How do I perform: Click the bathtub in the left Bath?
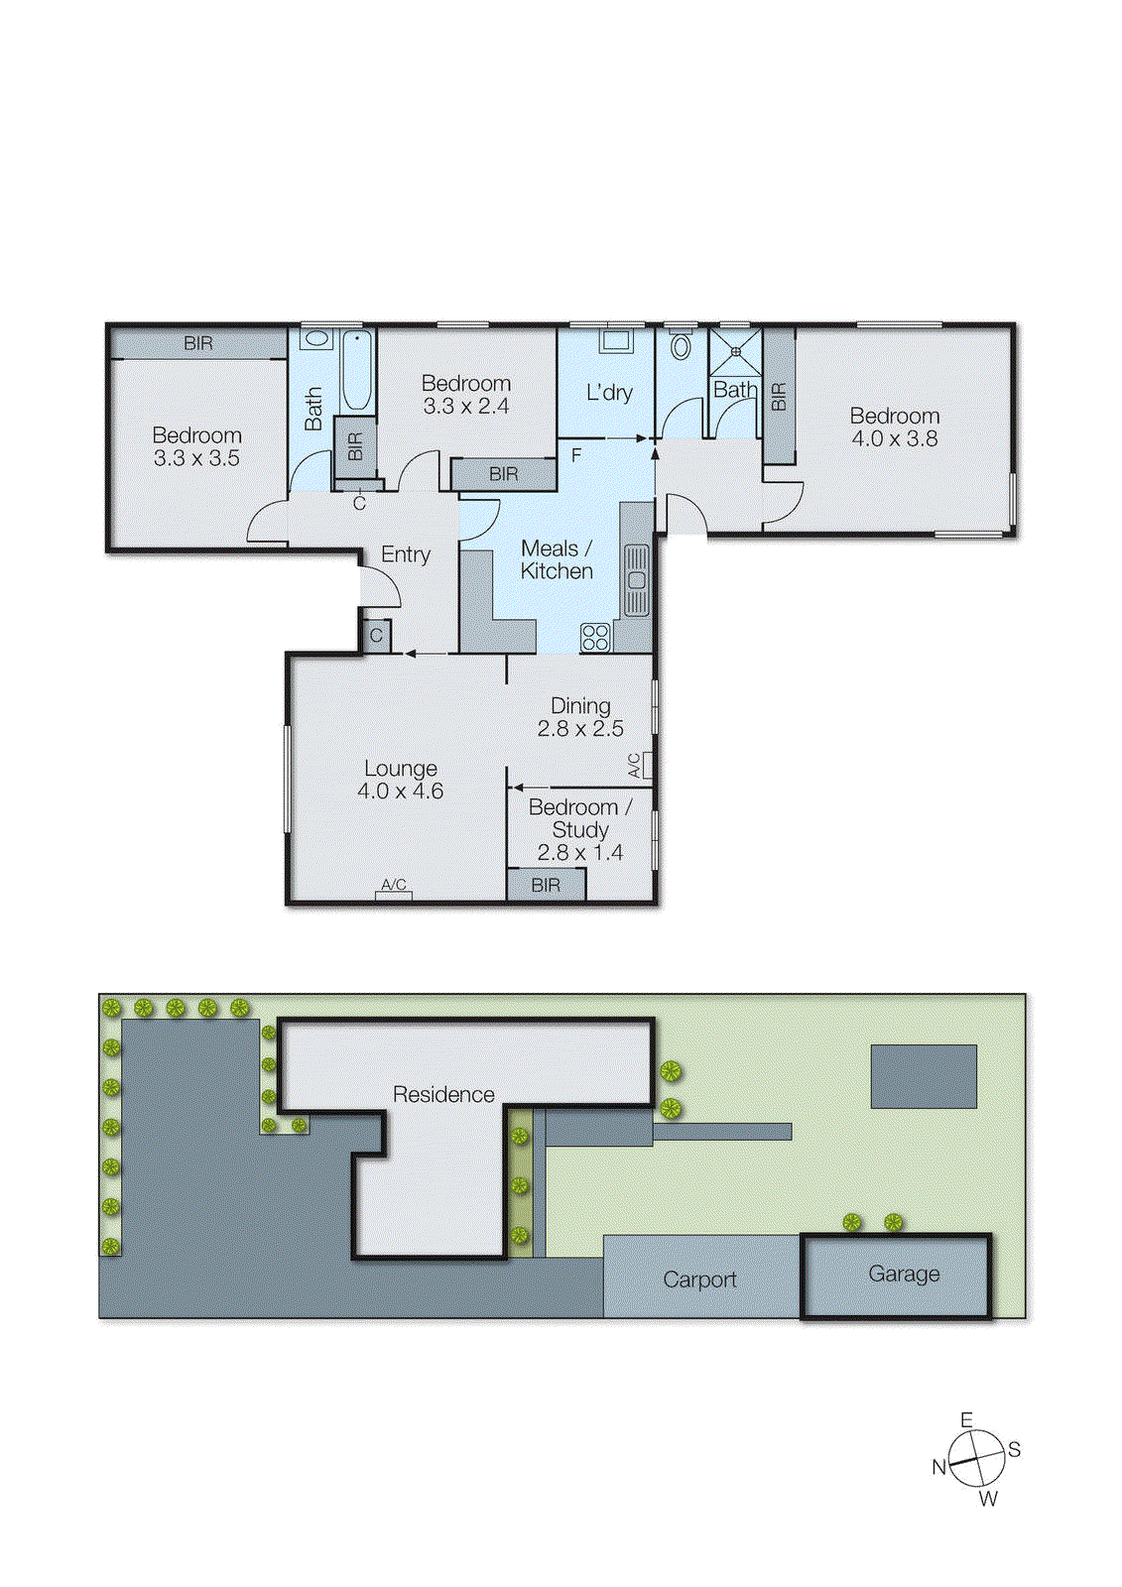coord(357,370)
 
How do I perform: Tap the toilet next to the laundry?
coord(681,346)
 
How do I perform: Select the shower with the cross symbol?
coord(735,351)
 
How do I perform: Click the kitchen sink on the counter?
coord(636,580)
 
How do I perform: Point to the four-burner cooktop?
coord(595,637)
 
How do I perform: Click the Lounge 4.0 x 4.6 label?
coord(400,780)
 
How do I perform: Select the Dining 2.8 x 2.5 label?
coord(580,717)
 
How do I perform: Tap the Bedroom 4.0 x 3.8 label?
coord(894,427)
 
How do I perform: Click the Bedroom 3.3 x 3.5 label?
coord(196,446)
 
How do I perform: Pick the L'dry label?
coord(608,393)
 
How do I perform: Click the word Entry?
coord(406,554)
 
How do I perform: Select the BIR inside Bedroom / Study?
coord(546,885)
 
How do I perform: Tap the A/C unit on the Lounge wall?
coord(394,896)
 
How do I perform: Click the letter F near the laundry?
coord(576,456)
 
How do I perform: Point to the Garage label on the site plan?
coord(903,1274)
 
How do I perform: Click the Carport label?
coord(699,1280)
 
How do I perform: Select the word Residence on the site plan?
coord(443,1094)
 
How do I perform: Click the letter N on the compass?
coord(938,1467)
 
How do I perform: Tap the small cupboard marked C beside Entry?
coord(376,636)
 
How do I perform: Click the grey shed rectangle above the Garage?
coord(924,1076)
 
